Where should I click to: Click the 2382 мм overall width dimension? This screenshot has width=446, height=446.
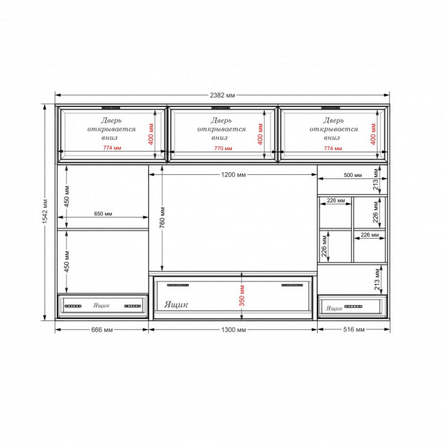point(222,95)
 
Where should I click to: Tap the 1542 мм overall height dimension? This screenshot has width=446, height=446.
point(45,211)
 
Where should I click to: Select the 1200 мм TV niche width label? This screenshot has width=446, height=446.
point(233,174)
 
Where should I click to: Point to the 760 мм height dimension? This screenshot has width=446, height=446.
point(162,218)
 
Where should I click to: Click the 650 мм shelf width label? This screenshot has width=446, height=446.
point(103,213)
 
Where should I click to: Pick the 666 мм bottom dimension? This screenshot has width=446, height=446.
point(102,329)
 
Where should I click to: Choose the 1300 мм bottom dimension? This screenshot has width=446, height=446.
point(233,329)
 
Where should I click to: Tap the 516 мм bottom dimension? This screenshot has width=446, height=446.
point(353,329)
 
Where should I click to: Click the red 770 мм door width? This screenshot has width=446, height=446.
point(223,148)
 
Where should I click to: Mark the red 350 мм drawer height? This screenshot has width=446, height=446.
point(242,296)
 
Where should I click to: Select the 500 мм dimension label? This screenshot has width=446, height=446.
point(353,175)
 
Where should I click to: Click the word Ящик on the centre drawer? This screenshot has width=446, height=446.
point(176,305)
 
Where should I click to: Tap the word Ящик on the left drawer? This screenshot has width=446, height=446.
point(102,305)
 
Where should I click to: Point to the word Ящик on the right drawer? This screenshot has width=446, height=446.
point(334,308)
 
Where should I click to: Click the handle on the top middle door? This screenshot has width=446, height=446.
point(221,108)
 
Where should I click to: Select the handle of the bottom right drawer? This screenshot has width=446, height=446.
point(353,307)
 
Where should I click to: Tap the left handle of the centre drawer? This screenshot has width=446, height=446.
point(178,285)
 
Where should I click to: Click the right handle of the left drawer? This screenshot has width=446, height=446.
point(132,306)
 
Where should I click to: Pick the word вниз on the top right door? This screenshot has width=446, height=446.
point(331,138)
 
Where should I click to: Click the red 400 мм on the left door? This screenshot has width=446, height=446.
point(151,134)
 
